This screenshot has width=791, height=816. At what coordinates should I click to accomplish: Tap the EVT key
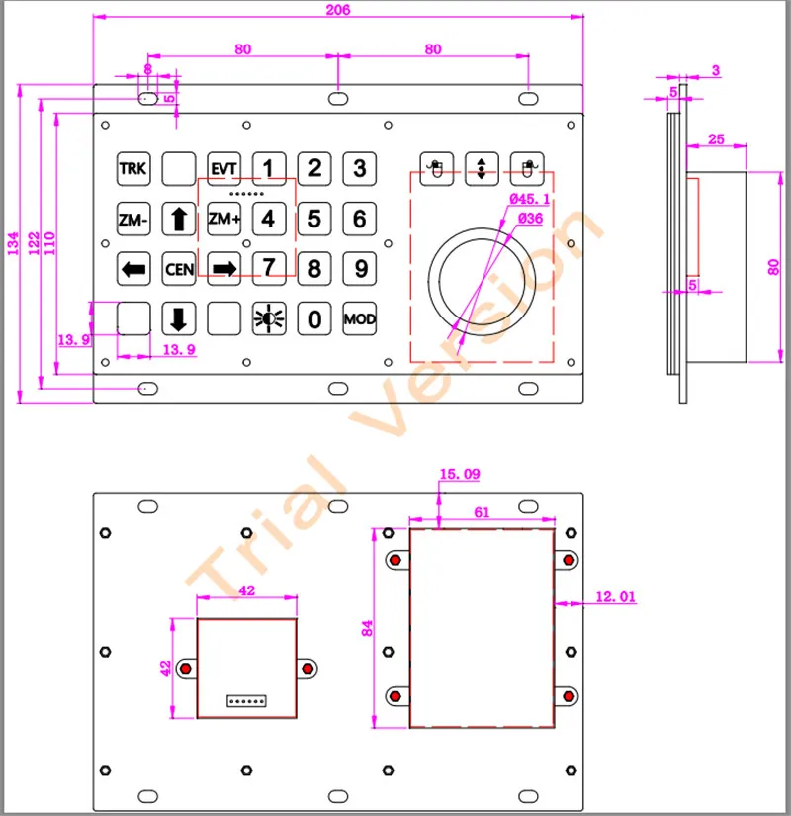223,168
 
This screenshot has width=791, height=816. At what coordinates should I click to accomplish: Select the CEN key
178,268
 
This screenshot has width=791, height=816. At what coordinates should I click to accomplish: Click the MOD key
360,318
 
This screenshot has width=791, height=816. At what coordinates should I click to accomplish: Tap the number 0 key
314,318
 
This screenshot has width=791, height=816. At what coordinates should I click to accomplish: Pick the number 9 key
360,268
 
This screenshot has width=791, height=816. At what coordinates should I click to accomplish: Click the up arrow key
178,219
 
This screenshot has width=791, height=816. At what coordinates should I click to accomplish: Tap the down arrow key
178,318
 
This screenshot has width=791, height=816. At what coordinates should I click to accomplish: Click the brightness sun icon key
268,318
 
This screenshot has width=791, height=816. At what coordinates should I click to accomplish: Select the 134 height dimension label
13,244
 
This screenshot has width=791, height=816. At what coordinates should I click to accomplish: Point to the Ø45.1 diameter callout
530,200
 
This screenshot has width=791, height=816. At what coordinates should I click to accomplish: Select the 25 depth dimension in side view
720,139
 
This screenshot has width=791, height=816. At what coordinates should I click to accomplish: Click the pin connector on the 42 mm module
247,700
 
